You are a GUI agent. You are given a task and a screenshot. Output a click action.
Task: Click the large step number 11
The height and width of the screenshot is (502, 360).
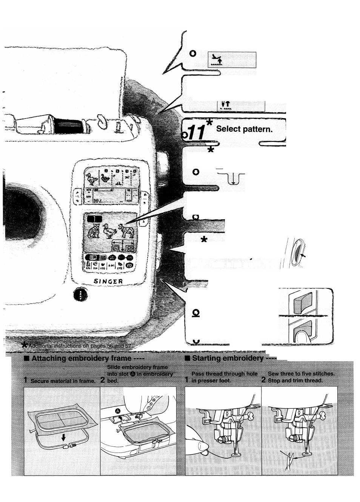pyautogui.click(x=197, y=132)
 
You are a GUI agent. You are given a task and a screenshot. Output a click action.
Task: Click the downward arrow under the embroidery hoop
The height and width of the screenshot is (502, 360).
pyautogui.click(x=63, y=437)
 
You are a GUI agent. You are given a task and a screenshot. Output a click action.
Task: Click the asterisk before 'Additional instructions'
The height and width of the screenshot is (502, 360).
pyautogui.click(x=25, y=345)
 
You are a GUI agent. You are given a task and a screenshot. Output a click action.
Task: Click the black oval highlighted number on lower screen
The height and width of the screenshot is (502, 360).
pyautogui.click(x=93, y=219)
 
